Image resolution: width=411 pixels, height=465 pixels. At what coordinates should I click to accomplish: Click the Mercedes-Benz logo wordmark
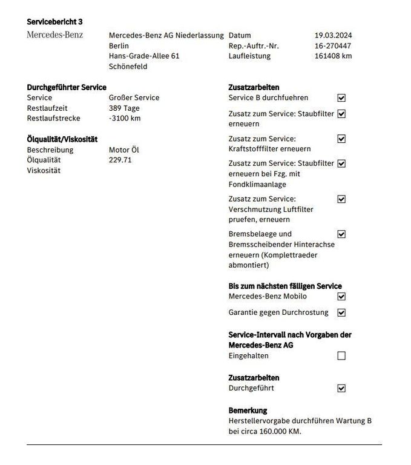pyautogui.click(x=55, y=35)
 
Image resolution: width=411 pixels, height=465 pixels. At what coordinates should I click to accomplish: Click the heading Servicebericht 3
pyautogui.click(x=55, y=22)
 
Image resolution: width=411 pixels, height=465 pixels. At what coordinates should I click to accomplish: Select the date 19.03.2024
pyautogui.click(x=333, y=35)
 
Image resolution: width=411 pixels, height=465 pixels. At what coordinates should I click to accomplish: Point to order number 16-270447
pyautogui.click(x=333, y=45)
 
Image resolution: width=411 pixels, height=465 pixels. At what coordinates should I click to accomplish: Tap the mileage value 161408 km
pyautogui.click(x=333, y=56)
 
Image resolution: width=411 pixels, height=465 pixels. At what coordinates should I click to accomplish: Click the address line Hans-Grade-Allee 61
pyautogui.click(x=144, y=56)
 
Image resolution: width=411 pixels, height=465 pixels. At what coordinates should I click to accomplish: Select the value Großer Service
pyautogui.click(x=134, y=97)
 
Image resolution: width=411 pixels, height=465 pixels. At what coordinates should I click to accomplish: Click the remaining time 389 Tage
pyautogui.click(x=124, y=108)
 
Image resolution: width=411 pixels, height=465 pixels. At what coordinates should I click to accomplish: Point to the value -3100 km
pyautogui.click(x=124, y=118)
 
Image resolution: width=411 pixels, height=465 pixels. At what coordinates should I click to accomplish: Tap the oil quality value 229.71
pyautogui.click(x=120, y=160)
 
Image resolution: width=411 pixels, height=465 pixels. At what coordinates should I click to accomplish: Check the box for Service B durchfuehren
pyautogui.click(x=341, y=97)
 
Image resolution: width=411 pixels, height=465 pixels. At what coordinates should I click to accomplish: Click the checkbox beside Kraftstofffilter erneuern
pyautogui.click(x=341, y=139)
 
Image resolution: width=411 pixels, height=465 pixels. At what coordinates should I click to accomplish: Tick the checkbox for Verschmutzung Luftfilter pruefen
pyautogui.click(x=341, y=199)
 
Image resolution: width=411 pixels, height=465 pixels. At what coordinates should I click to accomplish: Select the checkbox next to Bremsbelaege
pyautogui.click(x=341, y=234)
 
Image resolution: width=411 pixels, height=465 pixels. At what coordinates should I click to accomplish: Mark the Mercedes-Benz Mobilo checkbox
pyautogui.click(x=341, y=297)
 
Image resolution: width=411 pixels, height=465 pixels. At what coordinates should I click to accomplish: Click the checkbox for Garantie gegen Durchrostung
pyautogui.click(x=341, y=312)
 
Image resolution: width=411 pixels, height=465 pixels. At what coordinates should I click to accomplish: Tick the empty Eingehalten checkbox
pyautogui.click(x=341, y=356)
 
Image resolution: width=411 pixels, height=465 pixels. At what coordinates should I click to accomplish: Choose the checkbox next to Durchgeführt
pyautogui.click(x=341, y=388)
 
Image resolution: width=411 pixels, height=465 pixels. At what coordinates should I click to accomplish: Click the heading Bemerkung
pyautogui.click(x=248, y=410)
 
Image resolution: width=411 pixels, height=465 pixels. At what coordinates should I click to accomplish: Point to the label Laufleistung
pyautogui.click(x=249, y=56)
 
